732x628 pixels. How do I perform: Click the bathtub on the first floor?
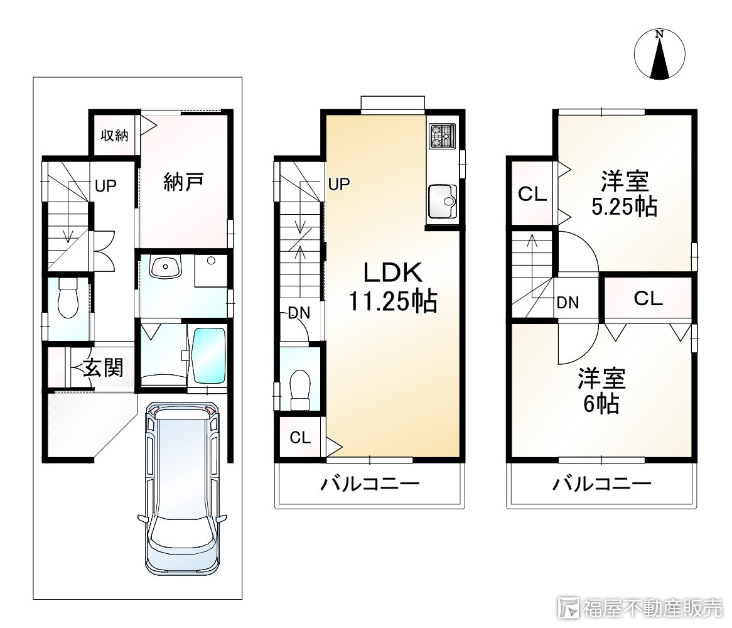208,355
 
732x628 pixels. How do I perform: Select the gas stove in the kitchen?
443,136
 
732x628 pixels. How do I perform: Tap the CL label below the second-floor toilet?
300,438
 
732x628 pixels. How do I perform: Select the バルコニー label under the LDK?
370,484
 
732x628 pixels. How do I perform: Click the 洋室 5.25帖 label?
624,194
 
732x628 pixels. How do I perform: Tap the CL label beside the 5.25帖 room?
532,194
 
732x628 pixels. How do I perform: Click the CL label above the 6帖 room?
648,298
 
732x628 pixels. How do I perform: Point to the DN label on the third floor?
568,303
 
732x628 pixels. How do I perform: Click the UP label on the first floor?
105,186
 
